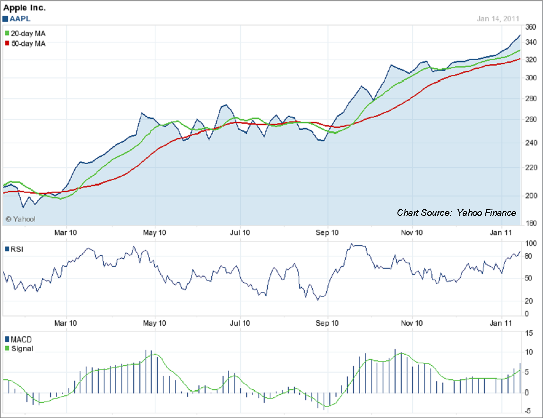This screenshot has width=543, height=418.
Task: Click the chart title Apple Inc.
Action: (x=25, y=8)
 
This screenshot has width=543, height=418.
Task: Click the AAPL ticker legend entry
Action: (x=17, y=19)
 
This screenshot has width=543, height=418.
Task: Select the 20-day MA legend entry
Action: (x=27, y=34)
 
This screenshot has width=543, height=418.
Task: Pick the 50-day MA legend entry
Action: (x=27, y=43)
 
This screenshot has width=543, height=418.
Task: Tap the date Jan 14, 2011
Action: (x=498, y=19)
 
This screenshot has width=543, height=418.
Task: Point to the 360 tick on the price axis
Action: (x=530, y=27)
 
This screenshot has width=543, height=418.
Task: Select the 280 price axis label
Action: (x=530, y=99)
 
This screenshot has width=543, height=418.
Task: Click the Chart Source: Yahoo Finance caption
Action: (x=457, y=213)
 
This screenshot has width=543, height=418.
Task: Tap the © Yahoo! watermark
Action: (x=20, y=219)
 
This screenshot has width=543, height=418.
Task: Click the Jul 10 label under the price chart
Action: (x=240, y=232)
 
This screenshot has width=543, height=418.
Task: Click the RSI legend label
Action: (x=16, y=249)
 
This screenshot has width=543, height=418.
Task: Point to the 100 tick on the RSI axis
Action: (x=530, y=244)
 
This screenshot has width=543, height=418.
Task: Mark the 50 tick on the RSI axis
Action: (x=528, y=278)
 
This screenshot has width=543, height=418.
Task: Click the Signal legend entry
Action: (x=19, y=349)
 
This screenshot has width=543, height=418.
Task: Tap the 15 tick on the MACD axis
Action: (x=528, y=333)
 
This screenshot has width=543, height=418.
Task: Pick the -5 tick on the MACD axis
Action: (x=528, y=410)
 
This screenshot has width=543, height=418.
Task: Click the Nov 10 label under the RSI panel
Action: (x=412, y=323)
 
